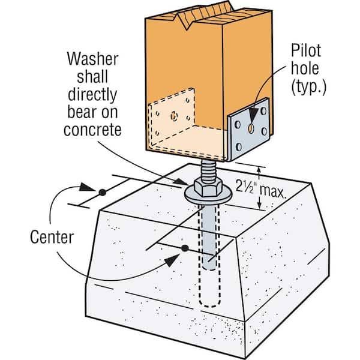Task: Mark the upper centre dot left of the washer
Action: tap(102, 192)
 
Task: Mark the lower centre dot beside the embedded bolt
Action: tap(185, 247)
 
